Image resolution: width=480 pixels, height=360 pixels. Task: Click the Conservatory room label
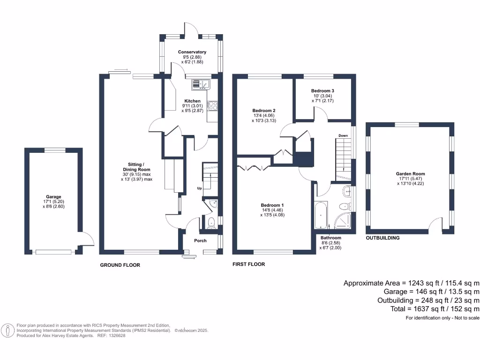point(192,52)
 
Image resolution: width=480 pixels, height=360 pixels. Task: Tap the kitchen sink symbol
point(202,84)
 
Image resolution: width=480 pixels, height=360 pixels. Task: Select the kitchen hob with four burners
point(211,106)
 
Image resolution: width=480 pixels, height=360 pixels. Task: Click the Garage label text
point(53,197)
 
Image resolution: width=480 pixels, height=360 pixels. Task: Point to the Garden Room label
point(410,174)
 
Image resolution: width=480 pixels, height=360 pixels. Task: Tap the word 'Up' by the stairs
point(199,188)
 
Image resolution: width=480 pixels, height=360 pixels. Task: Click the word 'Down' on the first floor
point(343,136)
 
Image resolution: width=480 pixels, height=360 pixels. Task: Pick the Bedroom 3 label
point(322,90)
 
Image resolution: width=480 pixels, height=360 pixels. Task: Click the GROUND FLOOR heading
point(120,265)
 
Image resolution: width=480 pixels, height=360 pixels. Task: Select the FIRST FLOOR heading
point(249,264)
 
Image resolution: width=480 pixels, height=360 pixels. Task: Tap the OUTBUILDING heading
point(382,238)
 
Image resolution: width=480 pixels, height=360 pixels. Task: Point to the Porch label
point(201,241)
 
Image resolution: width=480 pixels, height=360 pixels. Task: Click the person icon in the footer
point(8,330)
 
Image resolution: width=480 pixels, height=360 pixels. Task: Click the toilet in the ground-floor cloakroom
point(211,222)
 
